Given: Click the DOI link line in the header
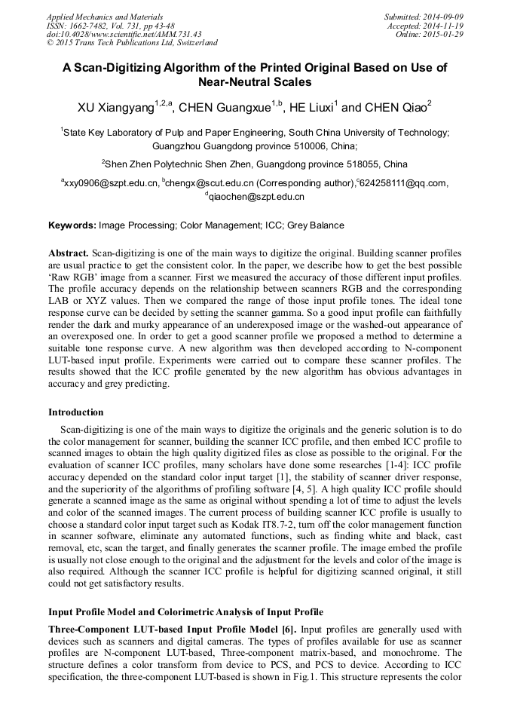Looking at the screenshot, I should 124,34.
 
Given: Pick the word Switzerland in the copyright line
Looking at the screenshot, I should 192,43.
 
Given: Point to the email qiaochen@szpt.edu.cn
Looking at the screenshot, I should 256,196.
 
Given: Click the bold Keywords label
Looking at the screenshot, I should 72,225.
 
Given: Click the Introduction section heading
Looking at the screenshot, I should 76,412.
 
